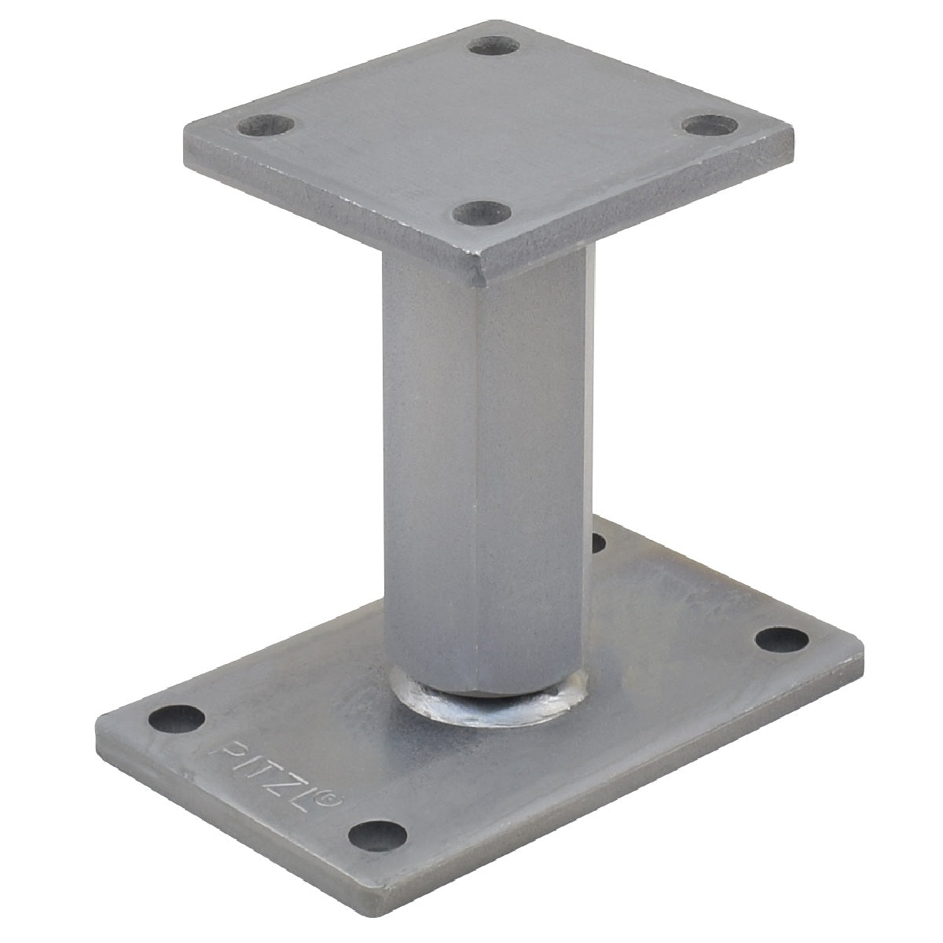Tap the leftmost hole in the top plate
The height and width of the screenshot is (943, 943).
pyautogui.click(x=266, y=125)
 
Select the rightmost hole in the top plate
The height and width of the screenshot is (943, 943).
pyautogui.click(x=710, y=125)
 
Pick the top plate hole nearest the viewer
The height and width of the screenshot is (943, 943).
pyautogui.click(x=482, y=213)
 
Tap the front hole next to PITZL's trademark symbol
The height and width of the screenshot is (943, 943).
pyautogui.click(x=377, y=836)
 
